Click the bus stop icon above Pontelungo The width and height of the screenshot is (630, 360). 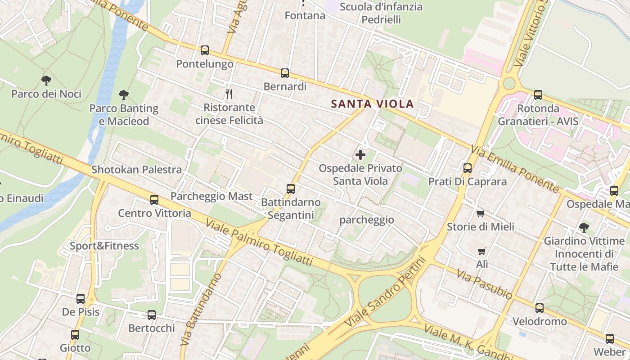click(x=205, y=50)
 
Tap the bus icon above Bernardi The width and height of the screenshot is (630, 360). click(x=284, y=73)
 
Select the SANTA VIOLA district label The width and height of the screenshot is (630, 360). click(x=373, y=104)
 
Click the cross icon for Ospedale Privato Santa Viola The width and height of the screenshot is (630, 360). click(x=360, y=155)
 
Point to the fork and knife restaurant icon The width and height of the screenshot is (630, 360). click(x=229, y=94)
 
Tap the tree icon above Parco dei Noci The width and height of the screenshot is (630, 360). click(x=46, y=81)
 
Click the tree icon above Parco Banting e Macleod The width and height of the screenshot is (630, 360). click(x=124, y=95)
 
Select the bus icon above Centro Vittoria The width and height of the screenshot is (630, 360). click(x=154, y=199)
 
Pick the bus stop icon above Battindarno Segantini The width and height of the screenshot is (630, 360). click(x=291, y=189)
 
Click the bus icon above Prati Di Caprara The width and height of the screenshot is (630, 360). click(x=468, y=168)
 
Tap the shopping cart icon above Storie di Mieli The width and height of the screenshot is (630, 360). click(x=480, y=213)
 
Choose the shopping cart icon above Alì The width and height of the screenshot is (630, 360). click(x=482, y=251)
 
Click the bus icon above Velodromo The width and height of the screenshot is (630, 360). click(x=539, y=308)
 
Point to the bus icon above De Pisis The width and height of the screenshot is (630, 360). click(x=81, y=298)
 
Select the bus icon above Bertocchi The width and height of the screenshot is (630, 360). click(x=152, y=315)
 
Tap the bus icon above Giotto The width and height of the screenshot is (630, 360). click(x=75, y=335)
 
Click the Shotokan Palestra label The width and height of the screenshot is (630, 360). click(x=137, y=170)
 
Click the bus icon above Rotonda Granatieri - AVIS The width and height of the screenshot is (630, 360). click(x=538, y=95)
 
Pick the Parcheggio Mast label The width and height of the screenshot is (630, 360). click(x=211, y=196)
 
